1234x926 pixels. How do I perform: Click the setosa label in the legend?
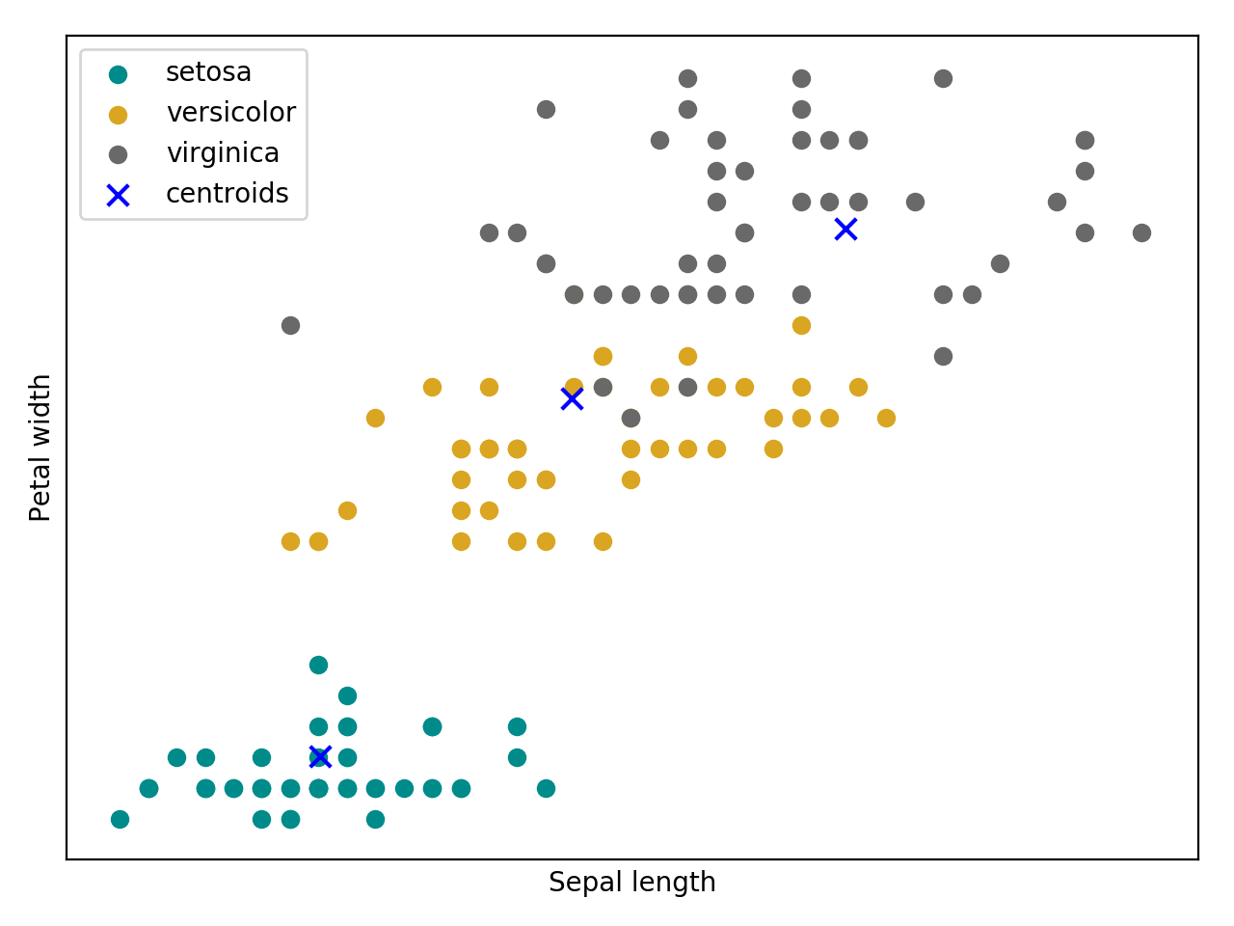[x=208, y=72]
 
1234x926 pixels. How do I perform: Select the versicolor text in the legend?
[x=230, y=113]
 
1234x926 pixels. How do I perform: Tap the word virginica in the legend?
[x=223, y=153]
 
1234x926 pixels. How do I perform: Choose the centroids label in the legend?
[x=227, y=194]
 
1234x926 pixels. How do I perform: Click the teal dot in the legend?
[x=118, y=74]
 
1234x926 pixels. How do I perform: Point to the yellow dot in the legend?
[x=118, y=115]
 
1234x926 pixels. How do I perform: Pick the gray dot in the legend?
[x=118, y=155]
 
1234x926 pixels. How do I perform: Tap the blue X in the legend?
[x=118, y=196]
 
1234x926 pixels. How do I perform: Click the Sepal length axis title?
[x=631, y=883]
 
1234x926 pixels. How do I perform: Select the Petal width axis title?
[x=40, y=448]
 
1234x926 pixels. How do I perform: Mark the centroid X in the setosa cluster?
[x=320, y=756]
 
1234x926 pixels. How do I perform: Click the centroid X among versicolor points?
[x=572, y=398]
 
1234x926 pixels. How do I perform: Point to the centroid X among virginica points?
[x=845, y=229]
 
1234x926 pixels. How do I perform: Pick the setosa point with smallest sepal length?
[x=120, y=819]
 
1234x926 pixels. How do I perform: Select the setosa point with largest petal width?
[x=318, y=665]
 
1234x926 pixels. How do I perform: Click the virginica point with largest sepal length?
[x=1141, y=232]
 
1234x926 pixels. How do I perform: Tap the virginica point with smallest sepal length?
[x=290, y=325]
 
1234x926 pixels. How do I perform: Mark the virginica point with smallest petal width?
[x=630, y=418]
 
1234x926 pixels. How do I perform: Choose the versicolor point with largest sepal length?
[x=886, y=418]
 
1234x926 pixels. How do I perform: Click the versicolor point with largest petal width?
[x=801, y=325]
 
